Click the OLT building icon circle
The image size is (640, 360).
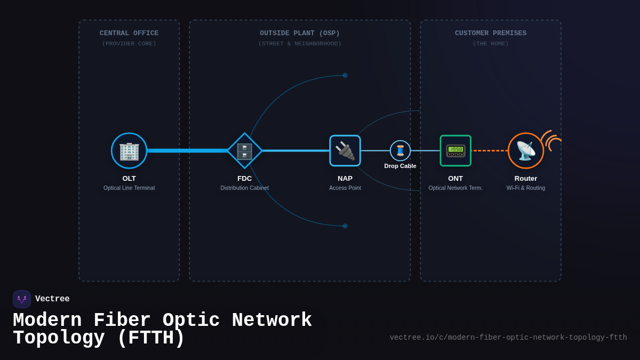tap(129, 151)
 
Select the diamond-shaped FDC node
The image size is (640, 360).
tap(245, 151)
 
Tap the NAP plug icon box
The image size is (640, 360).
tap(345, 151)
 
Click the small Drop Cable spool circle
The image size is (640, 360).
tap(400, 150)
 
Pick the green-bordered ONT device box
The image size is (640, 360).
tap(455, 151)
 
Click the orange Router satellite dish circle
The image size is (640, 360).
tap(525, 151)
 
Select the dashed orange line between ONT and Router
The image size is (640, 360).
tap(489, 151)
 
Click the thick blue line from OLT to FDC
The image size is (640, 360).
tap(187, 151)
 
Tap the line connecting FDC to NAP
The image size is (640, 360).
tap(296, 151)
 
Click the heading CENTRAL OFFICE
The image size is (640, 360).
tap(129, 33)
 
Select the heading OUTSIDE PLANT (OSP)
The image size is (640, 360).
tap(300, 33)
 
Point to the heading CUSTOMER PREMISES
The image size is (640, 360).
tap(491, 33)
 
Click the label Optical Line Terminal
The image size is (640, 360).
tap(129, 188)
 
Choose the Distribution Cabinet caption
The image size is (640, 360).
tap(245, 188)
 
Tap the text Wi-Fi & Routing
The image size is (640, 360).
tap(526, 188)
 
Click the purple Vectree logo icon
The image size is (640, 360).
tap(22, 299)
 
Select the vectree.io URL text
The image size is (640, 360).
tap(508, 338)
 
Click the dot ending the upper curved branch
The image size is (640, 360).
tap(345, 75)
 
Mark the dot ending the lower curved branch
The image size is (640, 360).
tap(345, 226)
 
